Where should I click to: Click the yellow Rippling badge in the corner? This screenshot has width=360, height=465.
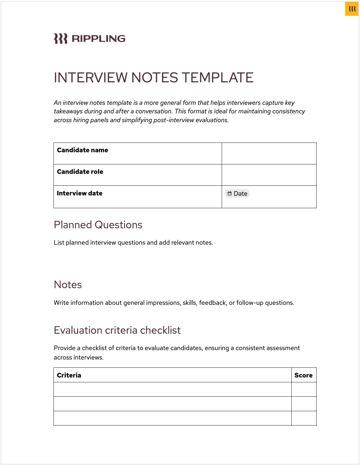352,9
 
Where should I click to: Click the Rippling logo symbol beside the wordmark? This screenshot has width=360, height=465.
61,39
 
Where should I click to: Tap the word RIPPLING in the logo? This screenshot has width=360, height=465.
99,39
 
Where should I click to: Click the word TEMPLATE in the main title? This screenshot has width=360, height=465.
218,78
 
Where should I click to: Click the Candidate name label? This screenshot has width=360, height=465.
82,150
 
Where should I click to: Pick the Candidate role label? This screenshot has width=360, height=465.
80,172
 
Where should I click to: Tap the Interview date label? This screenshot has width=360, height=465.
79,193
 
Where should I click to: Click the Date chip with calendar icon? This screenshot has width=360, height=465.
237,194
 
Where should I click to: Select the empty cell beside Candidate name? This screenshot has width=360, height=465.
269,153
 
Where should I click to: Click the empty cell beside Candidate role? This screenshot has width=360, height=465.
269,175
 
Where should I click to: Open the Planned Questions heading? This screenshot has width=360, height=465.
98,225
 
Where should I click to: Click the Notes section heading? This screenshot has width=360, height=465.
68,285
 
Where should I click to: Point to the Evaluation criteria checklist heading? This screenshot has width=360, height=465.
117,330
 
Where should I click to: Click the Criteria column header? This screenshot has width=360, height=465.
69,375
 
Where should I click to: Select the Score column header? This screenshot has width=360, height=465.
303,375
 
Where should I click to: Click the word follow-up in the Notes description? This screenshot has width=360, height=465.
250,303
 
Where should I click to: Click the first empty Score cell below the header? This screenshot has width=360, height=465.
304,389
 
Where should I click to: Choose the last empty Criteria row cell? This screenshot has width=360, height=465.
172,418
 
